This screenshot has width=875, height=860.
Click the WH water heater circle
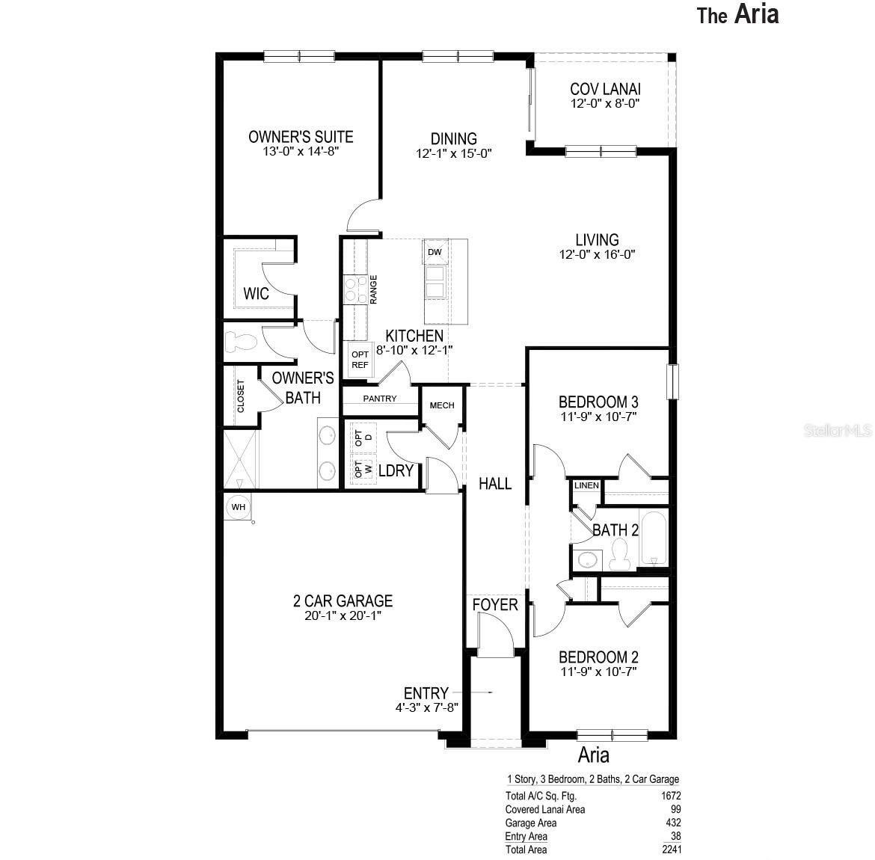[x=239, y=507]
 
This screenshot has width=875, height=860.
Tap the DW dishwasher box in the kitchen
[x=435, y=252]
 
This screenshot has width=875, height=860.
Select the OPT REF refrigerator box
[x=360, y=360]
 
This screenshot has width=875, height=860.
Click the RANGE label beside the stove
[x=373, y=289]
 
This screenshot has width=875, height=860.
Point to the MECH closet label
[x=442, y=405]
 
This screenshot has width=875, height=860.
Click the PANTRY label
[x=379, y=399]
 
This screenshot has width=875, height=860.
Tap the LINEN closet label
[x=586, y=485]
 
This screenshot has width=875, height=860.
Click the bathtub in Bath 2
[x=654, y=538]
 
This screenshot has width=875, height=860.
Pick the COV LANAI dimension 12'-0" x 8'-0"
[x=605, y=103]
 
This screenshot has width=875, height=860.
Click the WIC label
[x=256, y=294]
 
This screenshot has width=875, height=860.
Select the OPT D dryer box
[x=363, y=437]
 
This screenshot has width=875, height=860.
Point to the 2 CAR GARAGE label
[x=343, y=601]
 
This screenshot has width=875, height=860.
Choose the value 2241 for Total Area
[x=672, y=850]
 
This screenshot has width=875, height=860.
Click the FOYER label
[x=495, y=604]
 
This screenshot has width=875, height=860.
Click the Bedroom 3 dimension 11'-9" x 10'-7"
[x=598, y=417]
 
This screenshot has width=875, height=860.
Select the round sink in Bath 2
[x=587, y=559]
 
